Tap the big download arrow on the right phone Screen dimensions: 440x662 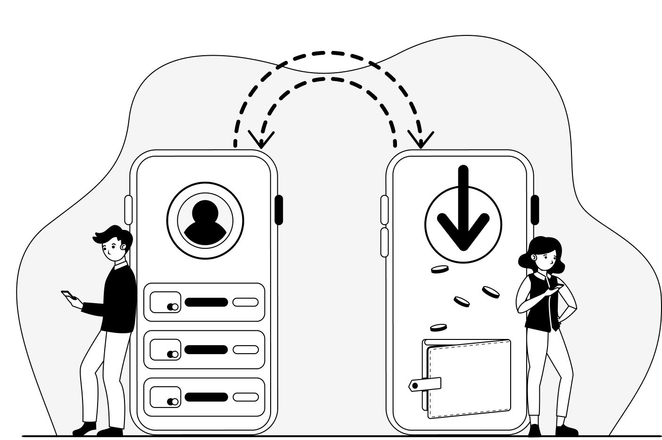click(x=463, y=212)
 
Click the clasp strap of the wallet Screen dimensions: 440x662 click(x=425, y=384)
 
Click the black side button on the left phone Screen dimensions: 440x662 click(x=279, y=210)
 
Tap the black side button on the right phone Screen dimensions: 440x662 click(x=535, y=210)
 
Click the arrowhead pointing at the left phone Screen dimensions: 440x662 click(x=261, y=140)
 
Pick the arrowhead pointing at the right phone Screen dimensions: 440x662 click(x=421, y=140)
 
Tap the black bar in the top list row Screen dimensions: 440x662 click(x=206, y=302)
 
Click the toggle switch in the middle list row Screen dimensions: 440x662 click(x=173, y=354)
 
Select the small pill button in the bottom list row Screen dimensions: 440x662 click(x=246, y=397)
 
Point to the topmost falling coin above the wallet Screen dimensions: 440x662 click(x=439, y=270)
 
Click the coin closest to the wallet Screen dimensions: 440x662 click(x=438, y=327)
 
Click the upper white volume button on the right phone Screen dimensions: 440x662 click(x=384, y=210)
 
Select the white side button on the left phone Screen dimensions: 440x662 click(x=128, y=210)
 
